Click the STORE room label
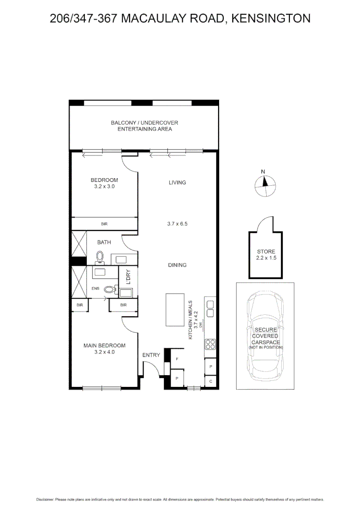(266, 252)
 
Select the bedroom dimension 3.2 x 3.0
(104, 186)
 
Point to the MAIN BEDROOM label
(105, 345)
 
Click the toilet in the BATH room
(99, 257)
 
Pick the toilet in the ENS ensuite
(110, 290)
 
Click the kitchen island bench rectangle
(175, 310)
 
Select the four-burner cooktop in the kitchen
(210, 345)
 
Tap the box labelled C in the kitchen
(211, 381)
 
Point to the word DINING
(177, 265)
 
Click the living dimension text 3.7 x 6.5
(177, 224)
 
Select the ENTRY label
(151, 355)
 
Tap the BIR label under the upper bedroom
(104, 224)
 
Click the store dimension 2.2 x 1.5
(266, 258)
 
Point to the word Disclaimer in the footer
(45, 499)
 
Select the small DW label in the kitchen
(200, 325)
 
